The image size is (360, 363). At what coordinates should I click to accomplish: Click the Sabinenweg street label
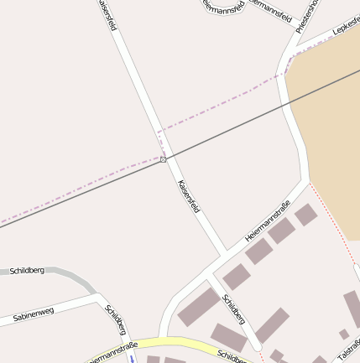pyautogui.click(x=34, y=314)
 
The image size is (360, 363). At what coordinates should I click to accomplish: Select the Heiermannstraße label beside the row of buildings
pyautogui.click(x=268, y=221)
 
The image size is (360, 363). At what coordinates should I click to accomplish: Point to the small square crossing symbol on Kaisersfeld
pyautogui.click(x=163, y=158)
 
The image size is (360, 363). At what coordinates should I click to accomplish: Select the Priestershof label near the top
pyautogui.click(x=307, y=15)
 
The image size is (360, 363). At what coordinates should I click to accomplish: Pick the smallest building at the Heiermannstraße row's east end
pyautogui.click(x=306, y=215)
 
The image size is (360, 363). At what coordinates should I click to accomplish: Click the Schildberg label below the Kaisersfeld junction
pyautogui.click(x=233, y=309)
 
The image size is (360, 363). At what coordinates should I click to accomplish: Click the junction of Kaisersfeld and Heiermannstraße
pyautogui.click(x=225, y=252)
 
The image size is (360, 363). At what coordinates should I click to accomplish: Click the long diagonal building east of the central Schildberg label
pyautogui.click(x=272, y=325)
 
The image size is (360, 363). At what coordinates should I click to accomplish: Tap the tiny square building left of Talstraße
pyautogui.click(x=344, y=334)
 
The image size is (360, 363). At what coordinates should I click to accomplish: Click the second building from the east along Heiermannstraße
pyautogui.click(x=281, y=231)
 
